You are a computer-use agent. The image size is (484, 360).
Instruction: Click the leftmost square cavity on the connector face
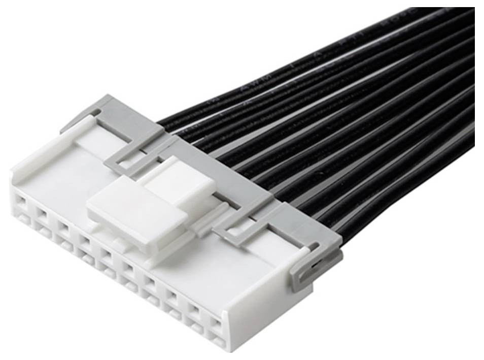coord(20,204)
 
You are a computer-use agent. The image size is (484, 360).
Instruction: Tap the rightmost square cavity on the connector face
coord(216,323)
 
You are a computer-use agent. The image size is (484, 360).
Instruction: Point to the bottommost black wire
coord(406,188)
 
